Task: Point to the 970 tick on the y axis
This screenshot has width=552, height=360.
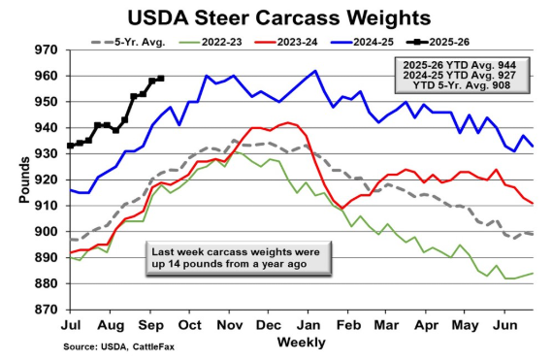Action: [46, 49]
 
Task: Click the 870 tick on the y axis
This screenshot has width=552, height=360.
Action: [46, 310]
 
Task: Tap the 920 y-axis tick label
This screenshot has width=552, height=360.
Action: [46, 180]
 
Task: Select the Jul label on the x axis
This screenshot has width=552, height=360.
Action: [72, 323]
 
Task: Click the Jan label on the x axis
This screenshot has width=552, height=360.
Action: [312, 323]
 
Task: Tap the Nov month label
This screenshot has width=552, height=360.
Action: [232, 323]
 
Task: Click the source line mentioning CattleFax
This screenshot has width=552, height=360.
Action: [111, 346]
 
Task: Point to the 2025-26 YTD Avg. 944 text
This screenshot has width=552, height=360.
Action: [461, 63]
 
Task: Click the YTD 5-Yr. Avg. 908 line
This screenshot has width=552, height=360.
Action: [461, 85]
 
